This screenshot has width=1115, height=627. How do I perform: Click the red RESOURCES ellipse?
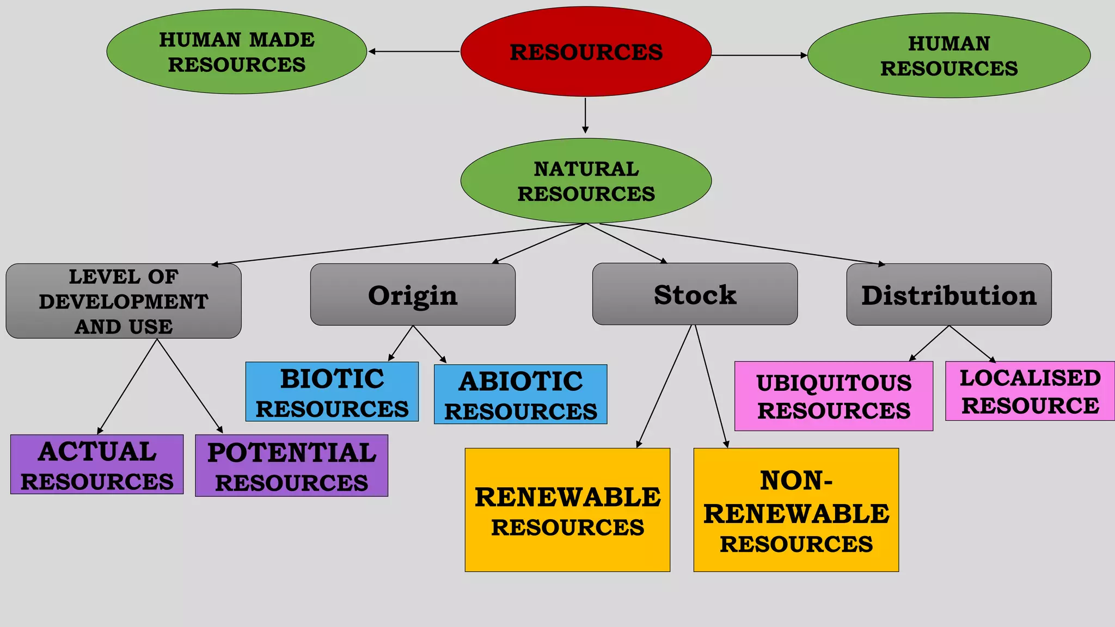[586, 52]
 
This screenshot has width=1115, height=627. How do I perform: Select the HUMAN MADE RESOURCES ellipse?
[237, 52]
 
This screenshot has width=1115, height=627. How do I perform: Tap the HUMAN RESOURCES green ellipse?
[949, 56]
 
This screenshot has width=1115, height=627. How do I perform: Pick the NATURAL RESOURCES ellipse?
[586, 181]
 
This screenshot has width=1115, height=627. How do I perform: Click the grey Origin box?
[413, 294]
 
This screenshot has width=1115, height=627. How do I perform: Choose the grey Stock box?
[695, 294]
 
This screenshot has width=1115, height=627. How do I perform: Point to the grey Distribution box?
[949, 294]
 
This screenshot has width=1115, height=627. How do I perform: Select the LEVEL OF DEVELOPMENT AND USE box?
[124, 301]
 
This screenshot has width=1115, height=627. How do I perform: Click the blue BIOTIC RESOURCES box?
[332, 392]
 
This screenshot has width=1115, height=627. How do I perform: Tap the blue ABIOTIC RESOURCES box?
[520, 395]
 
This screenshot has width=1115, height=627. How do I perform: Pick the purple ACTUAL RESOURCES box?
[97, 464]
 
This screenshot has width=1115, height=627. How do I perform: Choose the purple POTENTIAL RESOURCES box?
[292, 465]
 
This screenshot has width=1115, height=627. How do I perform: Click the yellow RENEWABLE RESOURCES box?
[567, 510]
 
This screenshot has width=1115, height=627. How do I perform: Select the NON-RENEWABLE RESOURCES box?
[796, 510]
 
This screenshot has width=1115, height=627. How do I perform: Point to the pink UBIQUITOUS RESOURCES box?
[834, 396]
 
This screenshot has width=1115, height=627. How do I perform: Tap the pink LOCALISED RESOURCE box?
[1030, 391]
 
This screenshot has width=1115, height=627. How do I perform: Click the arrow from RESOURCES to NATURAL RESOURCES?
[585, 115]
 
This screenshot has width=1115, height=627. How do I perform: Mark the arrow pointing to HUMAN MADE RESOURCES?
[414, 52]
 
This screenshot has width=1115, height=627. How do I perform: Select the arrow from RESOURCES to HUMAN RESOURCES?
[759, 56]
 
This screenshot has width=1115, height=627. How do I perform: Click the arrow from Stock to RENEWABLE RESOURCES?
[664, 386]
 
